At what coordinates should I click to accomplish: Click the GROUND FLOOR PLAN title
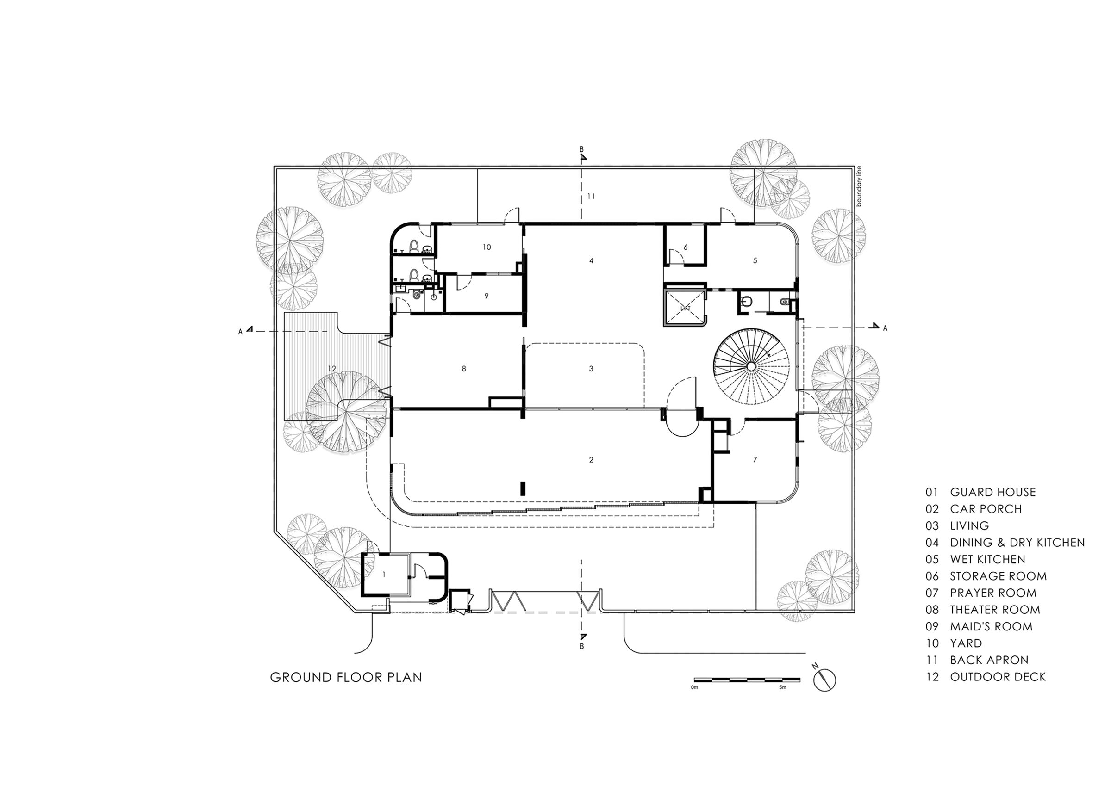pos(345,677)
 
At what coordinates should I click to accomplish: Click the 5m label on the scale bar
pos(782,687)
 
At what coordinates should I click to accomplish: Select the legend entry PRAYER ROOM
pos(993,593)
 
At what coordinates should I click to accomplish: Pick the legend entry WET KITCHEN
pos(987,560)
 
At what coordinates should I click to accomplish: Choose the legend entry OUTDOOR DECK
pos(997,677)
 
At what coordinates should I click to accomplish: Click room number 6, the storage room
pos(685,247)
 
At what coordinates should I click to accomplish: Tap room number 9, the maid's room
pos(487,296)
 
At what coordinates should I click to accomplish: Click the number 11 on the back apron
pos(591,197)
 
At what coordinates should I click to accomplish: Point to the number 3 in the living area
pos(591,369)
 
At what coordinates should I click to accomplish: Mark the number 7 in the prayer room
pos(755,459)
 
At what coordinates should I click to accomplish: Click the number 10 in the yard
pos(487,247)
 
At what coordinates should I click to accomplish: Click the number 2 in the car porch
pos(591,459)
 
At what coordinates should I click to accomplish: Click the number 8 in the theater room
pos(463,369)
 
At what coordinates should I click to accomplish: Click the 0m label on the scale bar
pos(694,687)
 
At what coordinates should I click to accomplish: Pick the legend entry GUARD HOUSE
pos(992,492)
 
